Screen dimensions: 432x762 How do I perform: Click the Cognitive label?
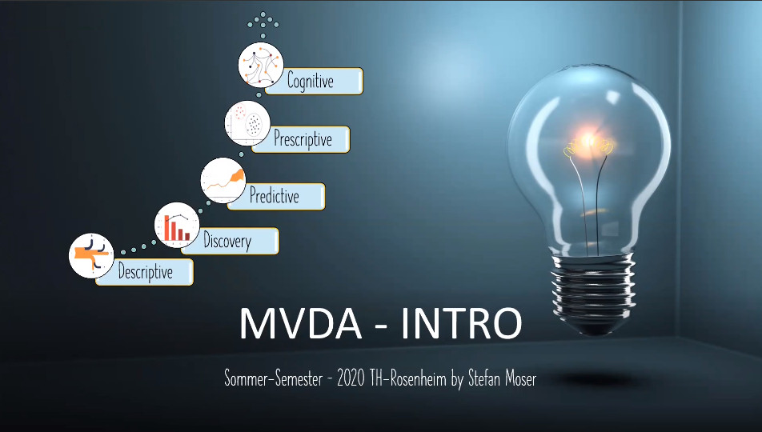coord(311,81)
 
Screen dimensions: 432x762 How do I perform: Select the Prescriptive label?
coord(303,139)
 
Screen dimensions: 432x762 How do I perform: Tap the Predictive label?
coord(274,196)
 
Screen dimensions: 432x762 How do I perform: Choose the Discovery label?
coord(227,241)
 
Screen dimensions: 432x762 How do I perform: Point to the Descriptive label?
coord(145,272)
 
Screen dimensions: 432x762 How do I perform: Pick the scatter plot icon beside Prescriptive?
coord(247,123)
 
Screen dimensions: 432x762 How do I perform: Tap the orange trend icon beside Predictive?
coord(223,180)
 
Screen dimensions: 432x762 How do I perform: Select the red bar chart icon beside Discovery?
coord(177,225)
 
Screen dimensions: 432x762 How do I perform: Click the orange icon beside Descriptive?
coord(91,254)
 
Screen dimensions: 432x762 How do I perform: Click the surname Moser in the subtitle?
coord(517,379)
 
